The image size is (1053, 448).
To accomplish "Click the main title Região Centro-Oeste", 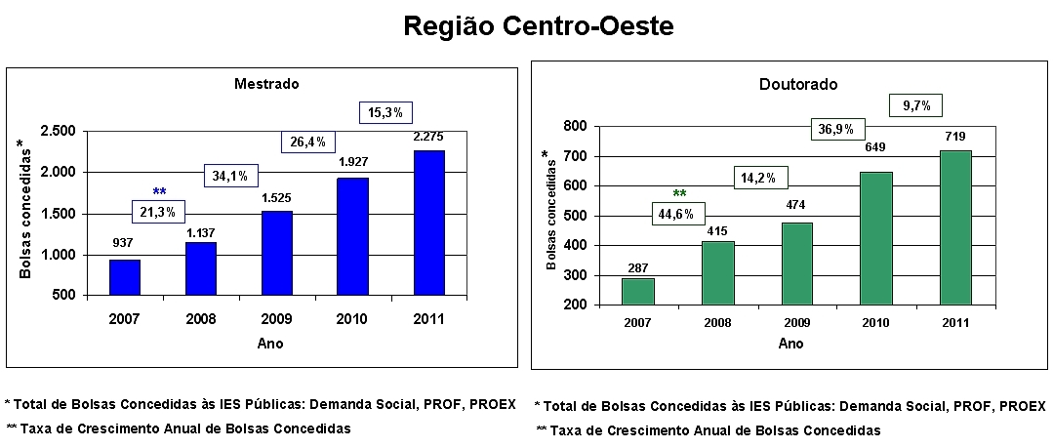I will (x=539, y=26).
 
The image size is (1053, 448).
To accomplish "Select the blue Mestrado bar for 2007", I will (x=125, y=277).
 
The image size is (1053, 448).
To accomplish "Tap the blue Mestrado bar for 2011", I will (x=428, y=223).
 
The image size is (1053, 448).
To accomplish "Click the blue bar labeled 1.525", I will (x=277, y=253).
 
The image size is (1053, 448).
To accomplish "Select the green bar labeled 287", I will (x=637, y=291).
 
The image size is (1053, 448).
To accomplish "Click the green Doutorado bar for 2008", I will (x=717, y=272).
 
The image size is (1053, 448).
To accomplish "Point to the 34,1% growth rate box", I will (x=231, y=177).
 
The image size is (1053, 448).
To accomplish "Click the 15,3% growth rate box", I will (x=385, y=113).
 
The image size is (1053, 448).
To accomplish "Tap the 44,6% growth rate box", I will (x=677, y=215).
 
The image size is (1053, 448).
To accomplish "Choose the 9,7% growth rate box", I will (x=915, y=104).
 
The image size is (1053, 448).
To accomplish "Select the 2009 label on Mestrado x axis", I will (x=276, y=319).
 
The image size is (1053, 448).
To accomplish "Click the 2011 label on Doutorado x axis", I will (x=954, y=323).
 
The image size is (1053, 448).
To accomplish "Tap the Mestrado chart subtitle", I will (x=266, y=84).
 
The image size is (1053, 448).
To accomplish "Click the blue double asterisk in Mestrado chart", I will (x=160, y=191).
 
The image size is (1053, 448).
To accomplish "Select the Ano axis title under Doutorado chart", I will (x=790, y=344).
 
